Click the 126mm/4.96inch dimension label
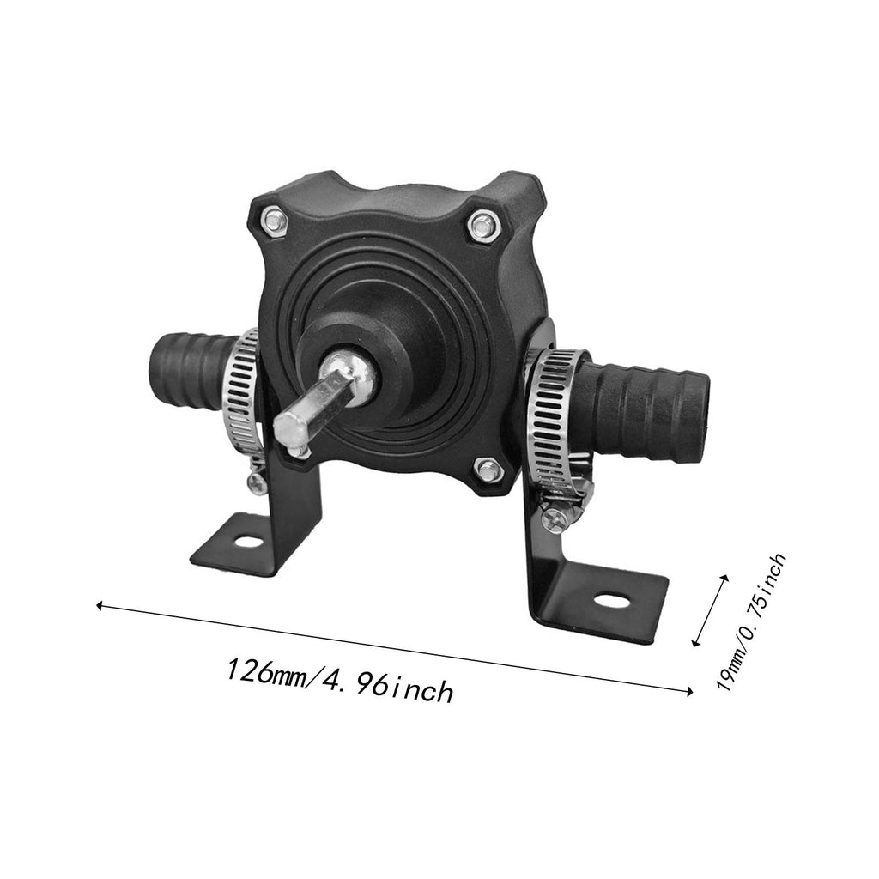tap(340, 680)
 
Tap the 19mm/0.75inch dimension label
tap(752, 621)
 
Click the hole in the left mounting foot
tap(246, 543)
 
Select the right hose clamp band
tap(555, 421)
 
